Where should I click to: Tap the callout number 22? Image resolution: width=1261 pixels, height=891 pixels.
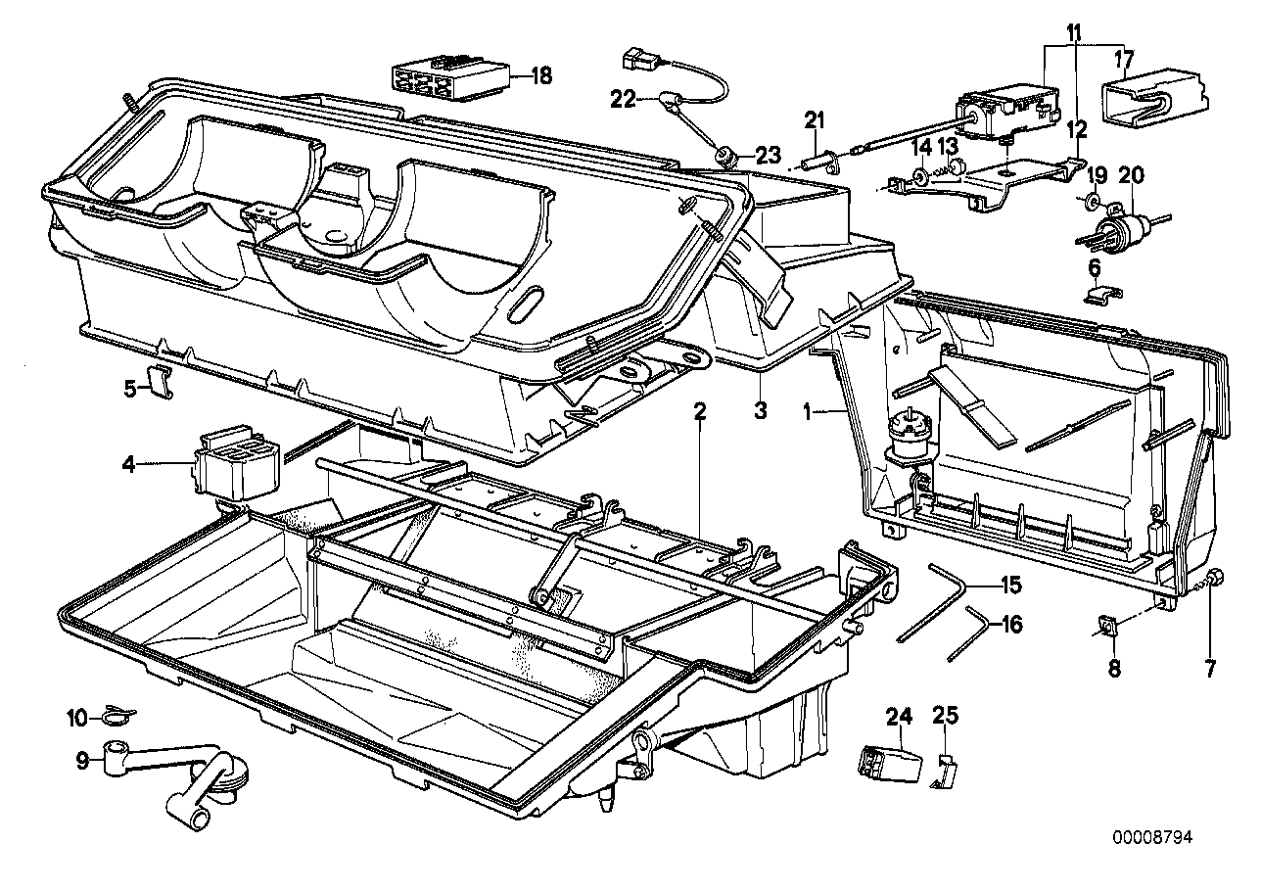point(624,98)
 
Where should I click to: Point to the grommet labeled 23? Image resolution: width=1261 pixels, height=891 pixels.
point(726,154)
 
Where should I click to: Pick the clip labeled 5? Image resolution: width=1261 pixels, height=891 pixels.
point(161,381)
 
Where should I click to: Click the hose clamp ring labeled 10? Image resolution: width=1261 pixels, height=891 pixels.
point(115,719)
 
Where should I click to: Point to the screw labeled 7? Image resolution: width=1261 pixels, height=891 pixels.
point(1213,580)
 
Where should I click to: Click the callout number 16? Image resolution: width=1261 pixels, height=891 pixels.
point(1010,624)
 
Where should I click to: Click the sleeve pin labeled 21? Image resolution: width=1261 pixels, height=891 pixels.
point(818,157)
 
